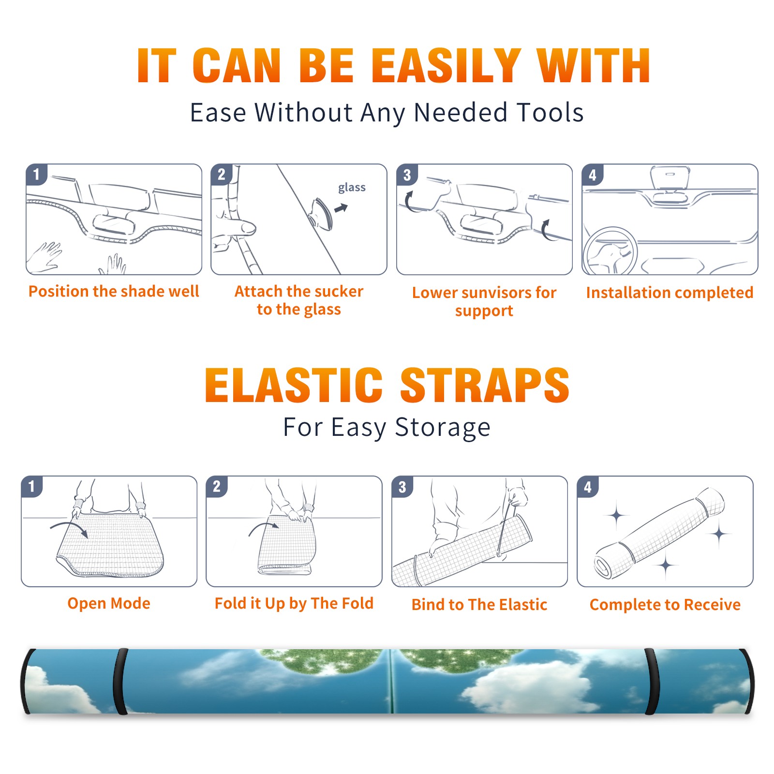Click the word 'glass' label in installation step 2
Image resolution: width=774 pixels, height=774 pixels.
[352, 188]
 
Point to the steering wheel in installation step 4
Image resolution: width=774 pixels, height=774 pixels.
[610, 251]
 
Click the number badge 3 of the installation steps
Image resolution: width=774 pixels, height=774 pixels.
[407, 175]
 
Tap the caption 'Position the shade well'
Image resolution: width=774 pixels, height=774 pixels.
[114, 291]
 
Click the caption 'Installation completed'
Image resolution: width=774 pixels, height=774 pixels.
[670, 292]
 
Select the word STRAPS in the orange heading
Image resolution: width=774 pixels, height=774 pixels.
[485, 385]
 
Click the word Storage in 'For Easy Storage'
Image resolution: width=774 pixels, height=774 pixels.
[443, 428]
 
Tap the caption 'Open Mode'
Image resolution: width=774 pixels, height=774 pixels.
[109, 603]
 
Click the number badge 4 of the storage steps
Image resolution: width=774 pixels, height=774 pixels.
[587, 487]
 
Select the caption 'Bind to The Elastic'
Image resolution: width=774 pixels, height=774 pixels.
[479, 605]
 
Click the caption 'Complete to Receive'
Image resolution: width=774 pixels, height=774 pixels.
[665, 605]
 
